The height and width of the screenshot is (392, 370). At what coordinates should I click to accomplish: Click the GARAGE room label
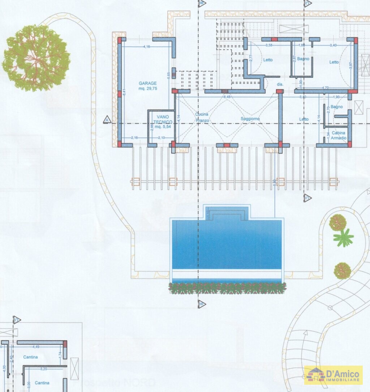click(x=148, y=85)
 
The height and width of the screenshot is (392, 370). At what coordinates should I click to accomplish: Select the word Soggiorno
click(x=250, y=119)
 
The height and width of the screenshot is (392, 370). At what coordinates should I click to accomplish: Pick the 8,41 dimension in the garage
click(x=124, y=92)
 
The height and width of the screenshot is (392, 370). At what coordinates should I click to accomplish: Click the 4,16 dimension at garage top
click(x=147, y=47)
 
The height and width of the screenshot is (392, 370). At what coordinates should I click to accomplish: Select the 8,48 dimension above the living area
click(x=227, y=97)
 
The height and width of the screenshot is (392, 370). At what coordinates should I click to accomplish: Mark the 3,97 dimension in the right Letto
click(x=350, y=65)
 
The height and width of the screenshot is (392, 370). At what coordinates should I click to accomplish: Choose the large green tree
click(x=36, y=58)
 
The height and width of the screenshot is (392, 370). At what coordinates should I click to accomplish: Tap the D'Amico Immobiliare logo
click(x=333, y=375)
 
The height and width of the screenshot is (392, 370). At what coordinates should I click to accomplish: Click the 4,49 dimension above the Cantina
click(x=36, y=347)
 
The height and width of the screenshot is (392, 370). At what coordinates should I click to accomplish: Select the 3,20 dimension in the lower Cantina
click(x=44, y=369)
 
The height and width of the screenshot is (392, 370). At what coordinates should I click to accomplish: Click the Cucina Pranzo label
click(x=202, y=116)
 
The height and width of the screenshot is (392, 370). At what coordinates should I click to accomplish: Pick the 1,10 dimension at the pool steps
click(x=208, y=213)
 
